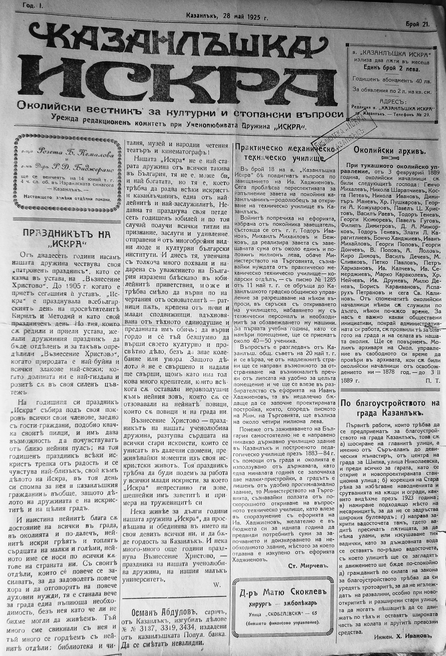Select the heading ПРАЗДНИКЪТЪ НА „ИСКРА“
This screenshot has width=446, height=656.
(x=66, y=239)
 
